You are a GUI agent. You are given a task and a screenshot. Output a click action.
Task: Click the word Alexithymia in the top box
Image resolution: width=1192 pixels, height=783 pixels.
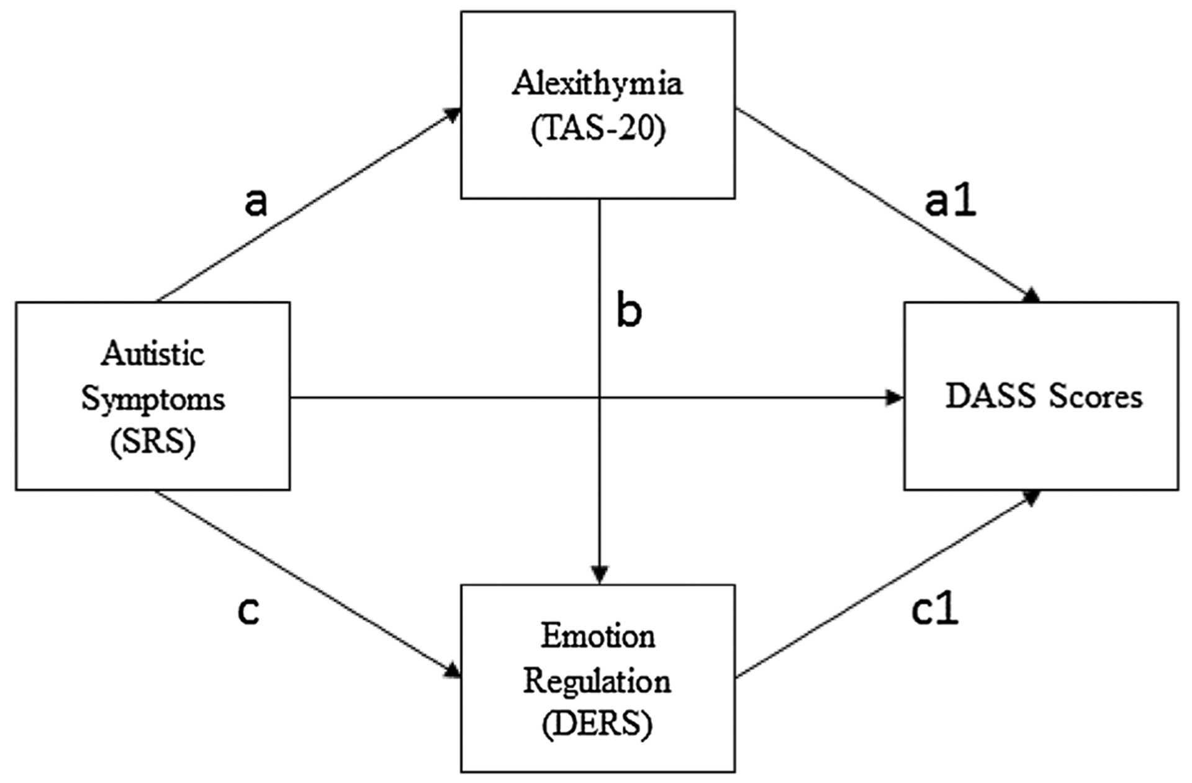(597, 83)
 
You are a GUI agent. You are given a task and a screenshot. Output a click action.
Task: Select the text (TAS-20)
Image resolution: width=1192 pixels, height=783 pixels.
(598, 129)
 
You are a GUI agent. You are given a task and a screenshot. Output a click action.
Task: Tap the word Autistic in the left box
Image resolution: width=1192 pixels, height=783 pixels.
(153, 354)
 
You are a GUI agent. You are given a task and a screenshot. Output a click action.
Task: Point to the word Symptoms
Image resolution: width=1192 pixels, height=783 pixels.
(153, 399)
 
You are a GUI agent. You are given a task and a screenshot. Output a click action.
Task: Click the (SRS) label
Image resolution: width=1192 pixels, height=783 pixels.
(153, 442)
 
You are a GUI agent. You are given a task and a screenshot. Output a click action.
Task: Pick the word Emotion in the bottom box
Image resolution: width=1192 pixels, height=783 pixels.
(597, 636)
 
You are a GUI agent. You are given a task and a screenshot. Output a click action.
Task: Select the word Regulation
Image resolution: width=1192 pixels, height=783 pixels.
(597, 681)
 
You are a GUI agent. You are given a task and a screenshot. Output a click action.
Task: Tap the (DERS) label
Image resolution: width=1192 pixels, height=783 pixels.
(597, 724)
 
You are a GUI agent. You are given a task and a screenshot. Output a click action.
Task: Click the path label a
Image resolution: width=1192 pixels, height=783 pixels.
(255, 202)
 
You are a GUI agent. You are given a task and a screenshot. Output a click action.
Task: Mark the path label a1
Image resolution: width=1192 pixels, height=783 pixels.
(950, 202)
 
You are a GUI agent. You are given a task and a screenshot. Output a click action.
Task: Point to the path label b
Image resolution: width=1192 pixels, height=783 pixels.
(628, 312)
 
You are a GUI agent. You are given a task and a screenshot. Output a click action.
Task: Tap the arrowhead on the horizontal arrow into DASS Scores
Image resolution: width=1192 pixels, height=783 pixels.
(895, 397)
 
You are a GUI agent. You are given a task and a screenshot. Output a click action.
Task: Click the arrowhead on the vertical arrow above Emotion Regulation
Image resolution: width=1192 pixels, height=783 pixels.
(599, 574)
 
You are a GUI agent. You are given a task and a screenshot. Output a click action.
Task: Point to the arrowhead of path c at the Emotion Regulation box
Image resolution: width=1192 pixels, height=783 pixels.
(453, 671)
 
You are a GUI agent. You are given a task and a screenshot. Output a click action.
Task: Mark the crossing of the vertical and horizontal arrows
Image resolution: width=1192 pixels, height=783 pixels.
(599, 397)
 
